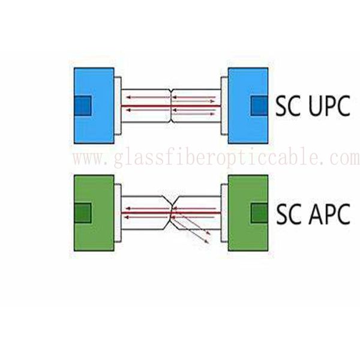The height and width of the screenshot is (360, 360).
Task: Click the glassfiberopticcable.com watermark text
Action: point(216,159)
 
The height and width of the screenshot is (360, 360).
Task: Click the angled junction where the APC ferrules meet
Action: point(173,212)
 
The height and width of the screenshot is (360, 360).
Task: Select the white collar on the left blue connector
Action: point(118,107)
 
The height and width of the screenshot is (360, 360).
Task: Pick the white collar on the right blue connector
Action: point(224,107)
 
